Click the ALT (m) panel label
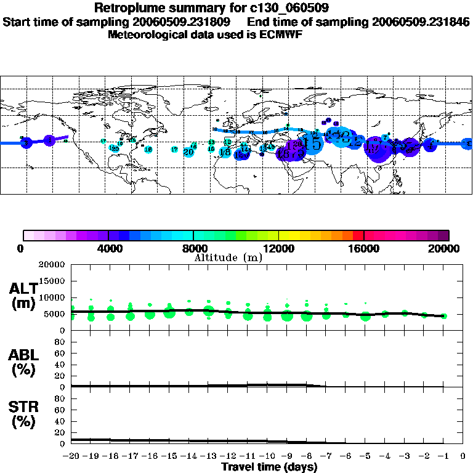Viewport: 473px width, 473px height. [x=24, y=296]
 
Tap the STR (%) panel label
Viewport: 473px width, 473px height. [x=24, y=414]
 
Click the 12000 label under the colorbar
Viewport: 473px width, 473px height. [x=278, y=248]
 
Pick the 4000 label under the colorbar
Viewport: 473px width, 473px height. [x=108, y=248]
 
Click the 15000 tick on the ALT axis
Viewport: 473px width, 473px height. [x=54, y=281]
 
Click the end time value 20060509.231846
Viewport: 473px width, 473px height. [x=421, y=22]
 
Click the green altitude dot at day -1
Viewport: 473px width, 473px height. [x=444, y=316]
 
